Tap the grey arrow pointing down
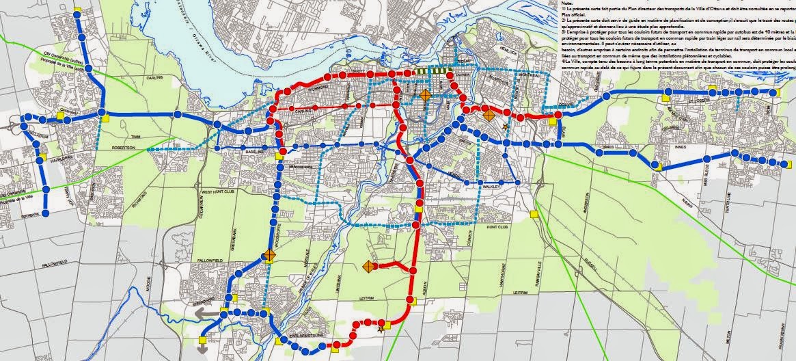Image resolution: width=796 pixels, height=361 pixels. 203,347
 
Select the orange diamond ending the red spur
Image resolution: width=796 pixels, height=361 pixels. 368,265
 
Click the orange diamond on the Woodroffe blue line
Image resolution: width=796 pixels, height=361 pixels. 269,256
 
